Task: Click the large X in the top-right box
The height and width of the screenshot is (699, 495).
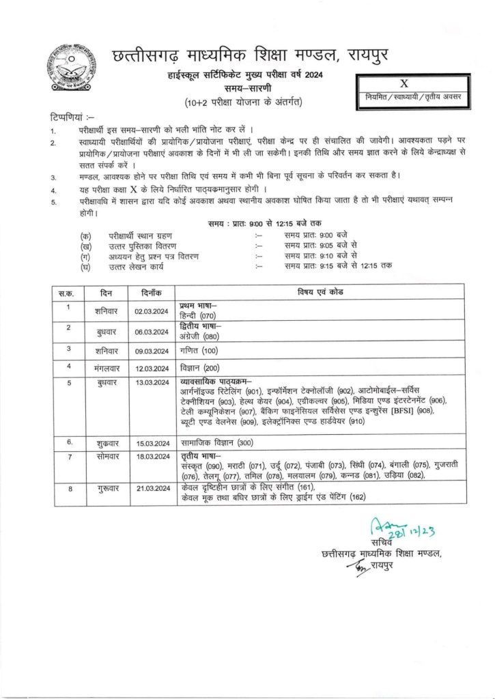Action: (403, 84)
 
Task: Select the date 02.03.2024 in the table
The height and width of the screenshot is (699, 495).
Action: (152, 312)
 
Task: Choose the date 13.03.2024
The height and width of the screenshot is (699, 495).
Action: (152, 383)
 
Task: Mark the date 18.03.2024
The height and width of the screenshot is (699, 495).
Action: (152, 458)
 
